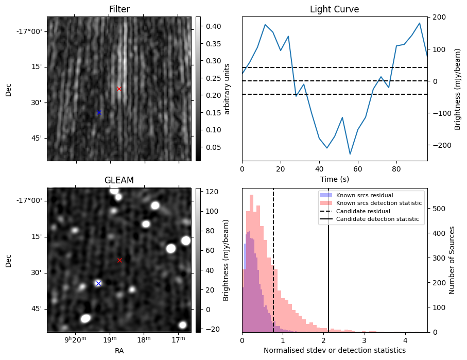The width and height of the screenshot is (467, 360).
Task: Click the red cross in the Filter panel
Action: pos(119,89)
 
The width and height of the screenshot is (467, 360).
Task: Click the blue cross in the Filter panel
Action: pos(99,112)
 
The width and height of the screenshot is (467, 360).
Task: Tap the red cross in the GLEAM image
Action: pos(119,260)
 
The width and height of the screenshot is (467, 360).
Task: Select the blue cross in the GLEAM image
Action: pos(98,283)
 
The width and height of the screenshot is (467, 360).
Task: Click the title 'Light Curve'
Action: pos(334,9)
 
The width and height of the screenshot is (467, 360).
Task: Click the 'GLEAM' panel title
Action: pos(119,180)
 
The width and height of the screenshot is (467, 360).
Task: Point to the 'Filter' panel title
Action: pos(119,9)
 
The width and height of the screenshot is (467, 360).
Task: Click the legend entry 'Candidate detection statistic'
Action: pos(377,219)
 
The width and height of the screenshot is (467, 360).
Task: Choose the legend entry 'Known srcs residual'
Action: pos(364,195)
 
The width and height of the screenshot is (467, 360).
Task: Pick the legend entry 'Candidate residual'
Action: pos(364,211)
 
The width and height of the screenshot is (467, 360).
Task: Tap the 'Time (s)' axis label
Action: pos(334,178)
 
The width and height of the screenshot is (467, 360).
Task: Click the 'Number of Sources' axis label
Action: pos(452,260)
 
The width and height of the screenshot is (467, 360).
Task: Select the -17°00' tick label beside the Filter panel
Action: pos(29,31)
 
